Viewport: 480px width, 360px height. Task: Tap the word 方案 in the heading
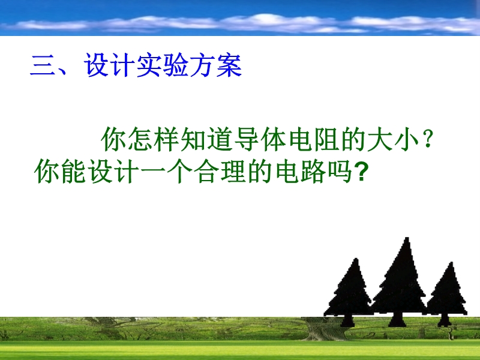[216, 65]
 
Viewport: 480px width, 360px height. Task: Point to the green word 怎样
[154, 139]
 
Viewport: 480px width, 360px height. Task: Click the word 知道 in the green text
[207, 139]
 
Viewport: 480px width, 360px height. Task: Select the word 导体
[260, 139]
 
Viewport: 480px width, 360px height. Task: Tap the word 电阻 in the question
[314, 139]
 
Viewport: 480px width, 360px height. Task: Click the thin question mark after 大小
[428, 139]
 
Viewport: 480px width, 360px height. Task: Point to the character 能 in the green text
[73, 172]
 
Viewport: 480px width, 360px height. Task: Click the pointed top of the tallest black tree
[407, 238]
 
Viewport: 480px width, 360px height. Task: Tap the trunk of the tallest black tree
[397, 319]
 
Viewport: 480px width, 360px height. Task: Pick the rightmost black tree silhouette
[447, 293]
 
